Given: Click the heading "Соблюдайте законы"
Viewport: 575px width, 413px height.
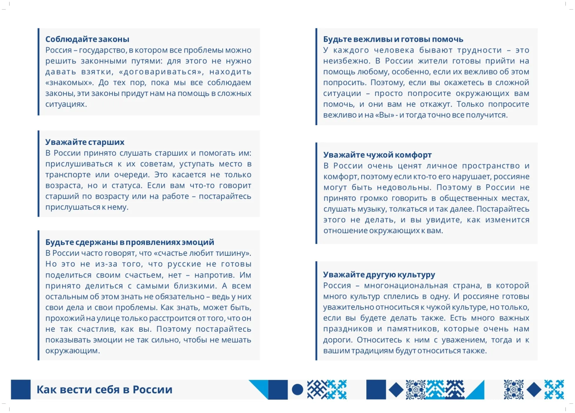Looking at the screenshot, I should [87, 39].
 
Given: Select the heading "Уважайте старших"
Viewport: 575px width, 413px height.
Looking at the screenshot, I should [85, 142].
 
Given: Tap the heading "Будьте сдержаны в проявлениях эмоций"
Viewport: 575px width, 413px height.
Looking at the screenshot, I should [130, 242].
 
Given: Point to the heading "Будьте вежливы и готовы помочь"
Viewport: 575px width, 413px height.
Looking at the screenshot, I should [393, 39].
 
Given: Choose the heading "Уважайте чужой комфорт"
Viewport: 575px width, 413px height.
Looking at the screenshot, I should [377, 155].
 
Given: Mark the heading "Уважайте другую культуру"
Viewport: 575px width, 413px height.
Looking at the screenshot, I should [379, 274].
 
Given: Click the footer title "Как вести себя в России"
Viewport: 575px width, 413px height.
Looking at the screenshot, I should [104, 390].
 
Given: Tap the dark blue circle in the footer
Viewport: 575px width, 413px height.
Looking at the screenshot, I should [297, 390].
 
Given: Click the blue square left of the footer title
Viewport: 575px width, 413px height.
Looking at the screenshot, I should [21, 390].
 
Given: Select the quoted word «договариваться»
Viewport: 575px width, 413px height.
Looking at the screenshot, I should [160, 72].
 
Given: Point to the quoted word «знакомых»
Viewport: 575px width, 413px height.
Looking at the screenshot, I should [69, 83].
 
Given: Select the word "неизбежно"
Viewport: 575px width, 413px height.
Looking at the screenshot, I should [346, 61].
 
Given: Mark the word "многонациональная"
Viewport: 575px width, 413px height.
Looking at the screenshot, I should [406, 286].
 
